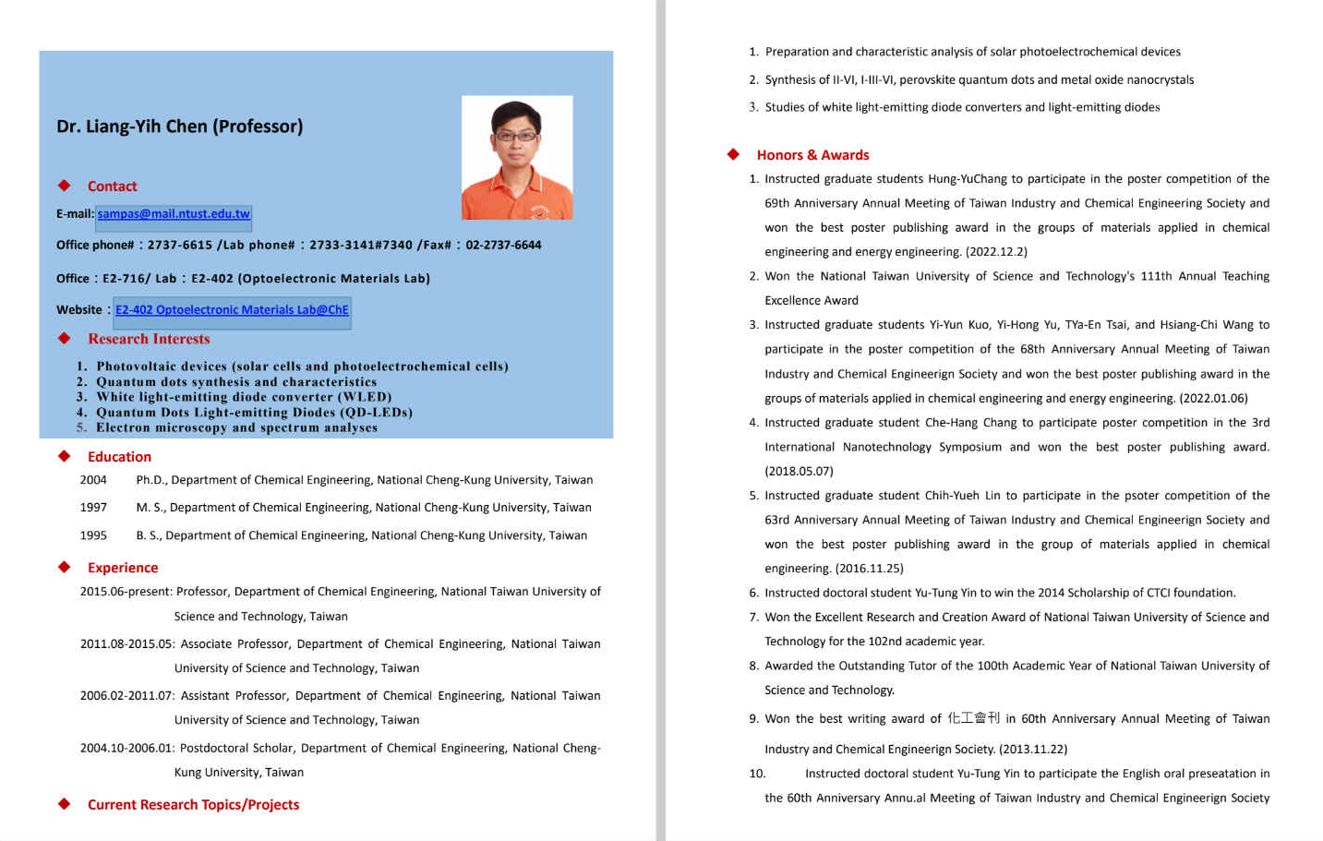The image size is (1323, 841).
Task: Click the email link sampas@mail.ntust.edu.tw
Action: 174,214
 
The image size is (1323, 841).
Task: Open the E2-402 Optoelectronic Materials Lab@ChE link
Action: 232,310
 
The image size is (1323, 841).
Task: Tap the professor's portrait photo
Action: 517,158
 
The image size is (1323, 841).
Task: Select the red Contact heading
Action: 112,186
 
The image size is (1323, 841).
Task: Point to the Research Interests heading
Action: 149,339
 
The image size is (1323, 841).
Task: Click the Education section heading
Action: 119,457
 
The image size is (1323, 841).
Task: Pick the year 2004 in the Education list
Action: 93,480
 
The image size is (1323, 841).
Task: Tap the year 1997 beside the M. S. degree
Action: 93,508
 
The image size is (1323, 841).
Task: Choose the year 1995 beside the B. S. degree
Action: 93,535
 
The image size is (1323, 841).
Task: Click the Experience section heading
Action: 123,568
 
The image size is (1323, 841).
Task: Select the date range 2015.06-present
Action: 126,592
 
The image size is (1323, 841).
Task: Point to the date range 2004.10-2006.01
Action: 126,749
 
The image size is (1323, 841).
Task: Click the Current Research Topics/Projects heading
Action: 193,805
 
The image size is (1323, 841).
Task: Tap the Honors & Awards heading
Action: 812,155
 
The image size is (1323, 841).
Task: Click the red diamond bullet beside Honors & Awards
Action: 733,154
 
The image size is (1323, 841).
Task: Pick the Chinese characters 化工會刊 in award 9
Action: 973,718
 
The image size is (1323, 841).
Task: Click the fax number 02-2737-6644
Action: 503,246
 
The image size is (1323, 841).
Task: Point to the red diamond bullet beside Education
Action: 64,456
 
